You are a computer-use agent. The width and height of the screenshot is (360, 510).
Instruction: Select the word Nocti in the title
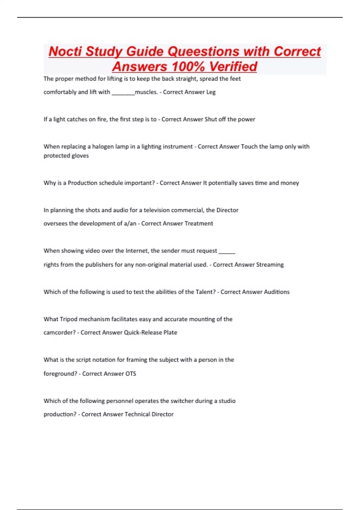(x=65, y=51)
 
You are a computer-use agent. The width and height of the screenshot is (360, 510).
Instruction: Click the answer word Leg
(x=211, y=92)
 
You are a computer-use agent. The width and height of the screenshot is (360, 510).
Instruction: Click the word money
(x=289, y=183)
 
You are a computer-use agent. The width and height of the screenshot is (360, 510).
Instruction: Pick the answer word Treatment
(x=199, y=223)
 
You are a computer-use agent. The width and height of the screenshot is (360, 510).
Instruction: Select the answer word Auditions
(x=276, y=292)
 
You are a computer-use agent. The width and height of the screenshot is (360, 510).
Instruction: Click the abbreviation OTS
(x=131, y=373)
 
